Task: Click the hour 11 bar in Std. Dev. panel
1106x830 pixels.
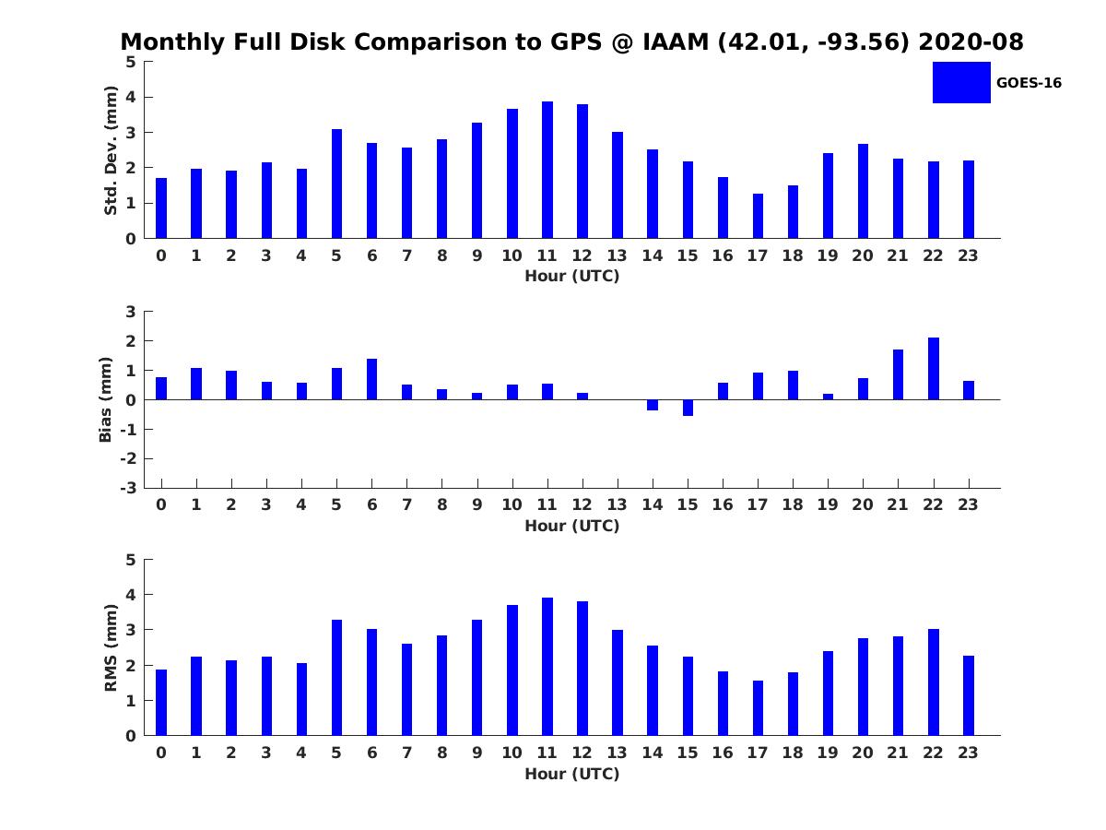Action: [547, 170]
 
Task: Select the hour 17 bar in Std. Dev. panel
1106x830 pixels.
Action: [758, 216]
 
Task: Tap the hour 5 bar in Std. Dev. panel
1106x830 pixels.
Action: [336, 184]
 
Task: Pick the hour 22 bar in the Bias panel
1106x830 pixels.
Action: [934, 369]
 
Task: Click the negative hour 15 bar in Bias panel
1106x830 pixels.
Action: [688, 408]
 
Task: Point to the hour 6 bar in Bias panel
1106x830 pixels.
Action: [371, 379]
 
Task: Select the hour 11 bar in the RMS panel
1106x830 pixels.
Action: [547, 666]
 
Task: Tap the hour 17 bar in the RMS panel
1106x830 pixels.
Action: [758, 708]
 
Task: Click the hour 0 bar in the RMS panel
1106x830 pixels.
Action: [161, 702]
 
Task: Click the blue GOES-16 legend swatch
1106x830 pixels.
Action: [961, 82]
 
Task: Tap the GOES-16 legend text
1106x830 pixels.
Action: [1029, 83]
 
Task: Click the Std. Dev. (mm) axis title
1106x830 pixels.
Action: [111, 150]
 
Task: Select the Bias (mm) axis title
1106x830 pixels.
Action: [106, 399]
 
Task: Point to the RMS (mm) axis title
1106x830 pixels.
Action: [111, 647]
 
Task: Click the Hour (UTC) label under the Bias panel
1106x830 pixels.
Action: [571, 526]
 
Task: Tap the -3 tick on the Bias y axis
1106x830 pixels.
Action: [129, 488]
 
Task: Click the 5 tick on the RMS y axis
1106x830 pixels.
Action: [131, 560]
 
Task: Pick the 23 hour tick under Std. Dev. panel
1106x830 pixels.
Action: [969, 255]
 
